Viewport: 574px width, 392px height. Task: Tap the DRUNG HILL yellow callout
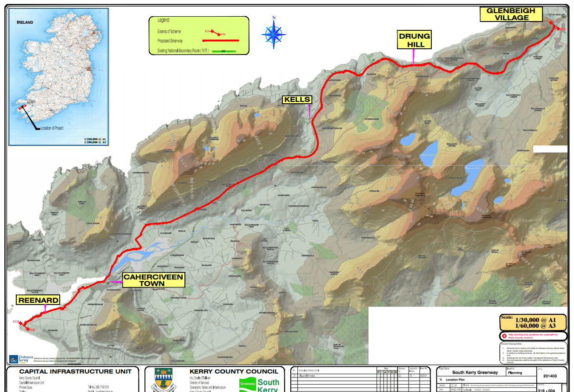click(414, 40)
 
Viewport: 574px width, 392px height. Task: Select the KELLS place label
click(297, 100)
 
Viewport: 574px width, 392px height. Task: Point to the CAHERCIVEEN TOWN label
click(153, 280)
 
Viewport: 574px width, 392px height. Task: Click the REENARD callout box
click(38, 300)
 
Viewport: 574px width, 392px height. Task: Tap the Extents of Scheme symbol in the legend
click(215, 32)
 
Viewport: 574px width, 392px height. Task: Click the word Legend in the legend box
click(163, 20)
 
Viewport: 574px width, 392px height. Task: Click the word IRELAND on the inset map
click(25, 22)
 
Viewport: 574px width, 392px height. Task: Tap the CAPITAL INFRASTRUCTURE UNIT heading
click(75, 371)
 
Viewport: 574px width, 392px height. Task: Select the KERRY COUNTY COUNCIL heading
click(234, 371)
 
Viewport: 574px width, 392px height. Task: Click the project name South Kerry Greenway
click(475, 372)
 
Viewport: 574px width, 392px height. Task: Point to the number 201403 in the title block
click(552, 376)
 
